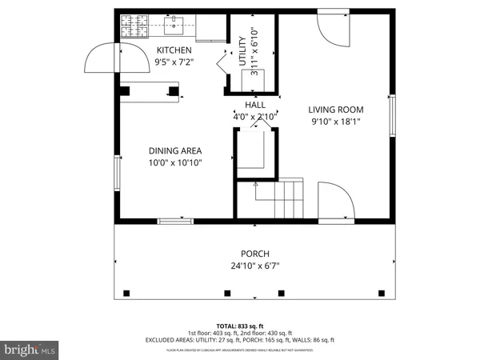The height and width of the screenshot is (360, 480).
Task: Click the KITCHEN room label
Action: click(x=174, y=50)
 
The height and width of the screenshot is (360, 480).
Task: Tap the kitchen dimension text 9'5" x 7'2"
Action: click(x=174, y=62)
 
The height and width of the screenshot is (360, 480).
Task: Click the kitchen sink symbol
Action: click(x=173, y=26)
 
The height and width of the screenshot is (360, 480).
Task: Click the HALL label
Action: click(x=255, y=105)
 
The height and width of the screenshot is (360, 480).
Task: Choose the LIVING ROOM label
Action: click(x=336, y=110)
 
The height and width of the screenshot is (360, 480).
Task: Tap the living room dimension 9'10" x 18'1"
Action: click(x=336, y=122)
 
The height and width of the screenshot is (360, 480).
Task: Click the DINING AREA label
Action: click(x=174, y=150)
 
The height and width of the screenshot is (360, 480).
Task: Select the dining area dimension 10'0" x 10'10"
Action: click(x=174, y=162)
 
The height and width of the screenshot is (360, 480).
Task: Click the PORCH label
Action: click(x=255, y=254)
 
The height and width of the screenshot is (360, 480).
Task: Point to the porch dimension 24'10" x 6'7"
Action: click(x=255, y=266)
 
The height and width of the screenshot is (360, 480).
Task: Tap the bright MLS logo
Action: click(x=30, y=350)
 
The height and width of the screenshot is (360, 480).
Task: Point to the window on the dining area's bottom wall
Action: click(x=175, y=221)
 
